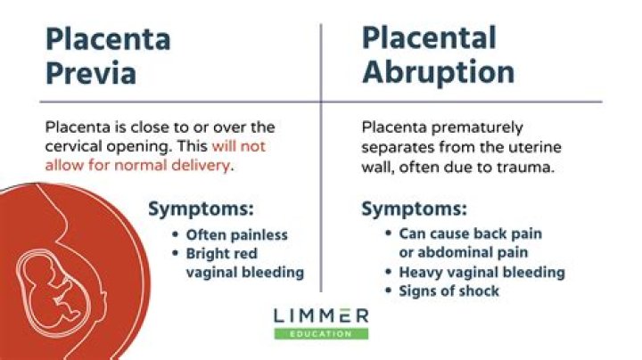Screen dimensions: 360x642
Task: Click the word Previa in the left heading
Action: pyautogui.click(x=91, y=72)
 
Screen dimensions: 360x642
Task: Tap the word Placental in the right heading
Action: pyautogui.click(x=429, y=37)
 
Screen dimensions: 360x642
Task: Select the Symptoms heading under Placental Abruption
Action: pyautogui.click(x=414, y=209)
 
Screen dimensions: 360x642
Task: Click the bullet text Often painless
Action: pyautogui.click(x=236, y=235)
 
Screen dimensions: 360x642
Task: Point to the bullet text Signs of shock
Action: pyautogui.click(x=449, y=291)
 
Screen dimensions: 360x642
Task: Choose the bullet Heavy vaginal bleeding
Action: pyautogui.click(x=481, y=273)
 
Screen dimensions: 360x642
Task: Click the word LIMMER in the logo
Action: pyautogui.click(x=320, y=316)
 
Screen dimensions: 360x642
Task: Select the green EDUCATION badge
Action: pyautogui.click(x=320, y=333)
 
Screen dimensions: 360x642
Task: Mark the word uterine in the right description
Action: pyautogui.click(x=537, y=146)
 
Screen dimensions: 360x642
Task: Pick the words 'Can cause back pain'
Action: pyautogui.click(x=470, y=233)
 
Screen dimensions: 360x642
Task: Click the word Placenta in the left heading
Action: pyautogui.click(x=108, y=38)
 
